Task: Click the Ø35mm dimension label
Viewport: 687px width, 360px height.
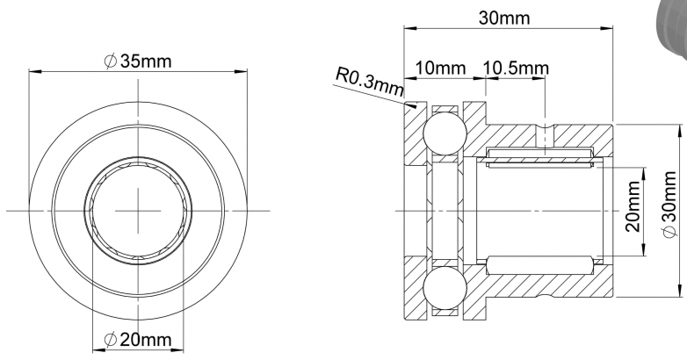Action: [x=139, y=61]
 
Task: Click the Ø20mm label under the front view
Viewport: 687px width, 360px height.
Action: [x=138, y=339]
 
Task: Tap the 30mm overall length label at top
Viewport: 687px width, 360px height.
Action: [x=504, y=18]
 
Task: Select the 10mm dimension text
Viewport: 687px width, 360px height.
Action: [x=440, y=68]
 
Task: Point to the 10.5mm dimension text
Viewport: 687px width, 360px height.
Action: [x=516, y=68]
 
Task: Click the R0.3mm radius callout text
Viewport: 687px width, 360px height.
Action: [x=369, y=82]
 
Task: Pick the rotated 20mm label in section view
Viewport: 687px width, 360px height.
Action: [x=633, y=206]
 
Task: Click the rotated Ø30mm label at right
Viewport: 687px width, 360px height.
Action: [x=669, y=205]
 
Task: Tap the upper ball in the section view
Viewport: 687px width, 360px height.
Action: [x=445, y=133]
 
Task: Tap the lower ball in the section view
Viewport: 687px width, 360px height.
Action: [x=445, y=288]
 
